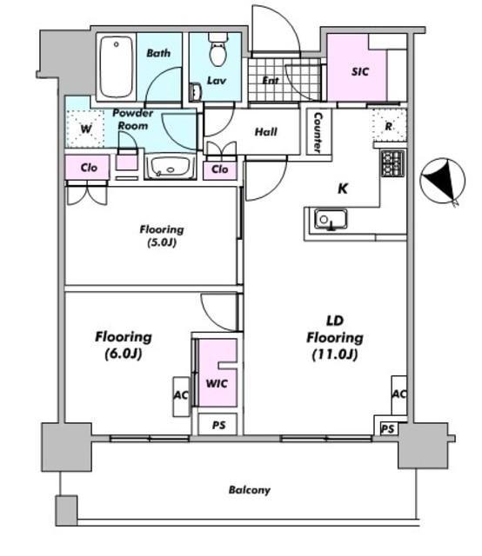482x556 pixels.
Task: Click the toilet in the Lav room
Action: [218, 50]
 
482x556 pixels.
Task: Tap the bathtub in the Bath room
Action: [116, 67]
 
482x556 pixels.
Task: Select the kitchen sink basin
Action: [331, 220]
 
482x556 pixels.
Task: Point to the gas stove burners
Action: [392, 163]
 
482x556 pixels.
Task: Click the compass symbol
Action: [443, 181]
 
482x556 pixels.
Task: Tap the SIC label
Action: [360, 71]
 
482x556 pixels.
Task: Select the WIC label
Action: [217, 383]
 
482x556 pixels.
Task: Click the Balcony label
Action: [250, 490]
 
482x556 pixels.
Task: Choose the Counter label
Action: [318, 132]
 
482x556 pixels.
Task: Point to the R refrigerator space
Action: [390, 126]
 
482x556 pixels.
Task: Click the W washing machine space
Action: [85, 129]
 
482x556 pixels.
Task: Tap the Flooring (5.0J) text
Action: [162, 235]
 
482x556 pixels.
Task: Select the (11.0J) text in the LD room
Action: [335, 354]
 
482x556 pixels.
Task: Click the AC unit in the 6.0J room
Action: [182, 396]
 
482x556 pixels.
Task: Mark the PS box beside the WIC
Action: [218, 424]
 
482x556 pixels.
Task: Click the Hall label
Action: [266, 132]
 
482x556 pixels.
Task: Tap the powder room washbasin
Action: [171, 168]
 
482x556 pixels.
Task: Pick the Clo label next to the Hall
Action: [220, 169]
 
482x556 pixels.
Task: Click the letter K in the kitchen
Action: [343, 189]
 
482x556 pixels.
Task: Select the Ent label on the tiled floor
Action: [271, 81]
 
